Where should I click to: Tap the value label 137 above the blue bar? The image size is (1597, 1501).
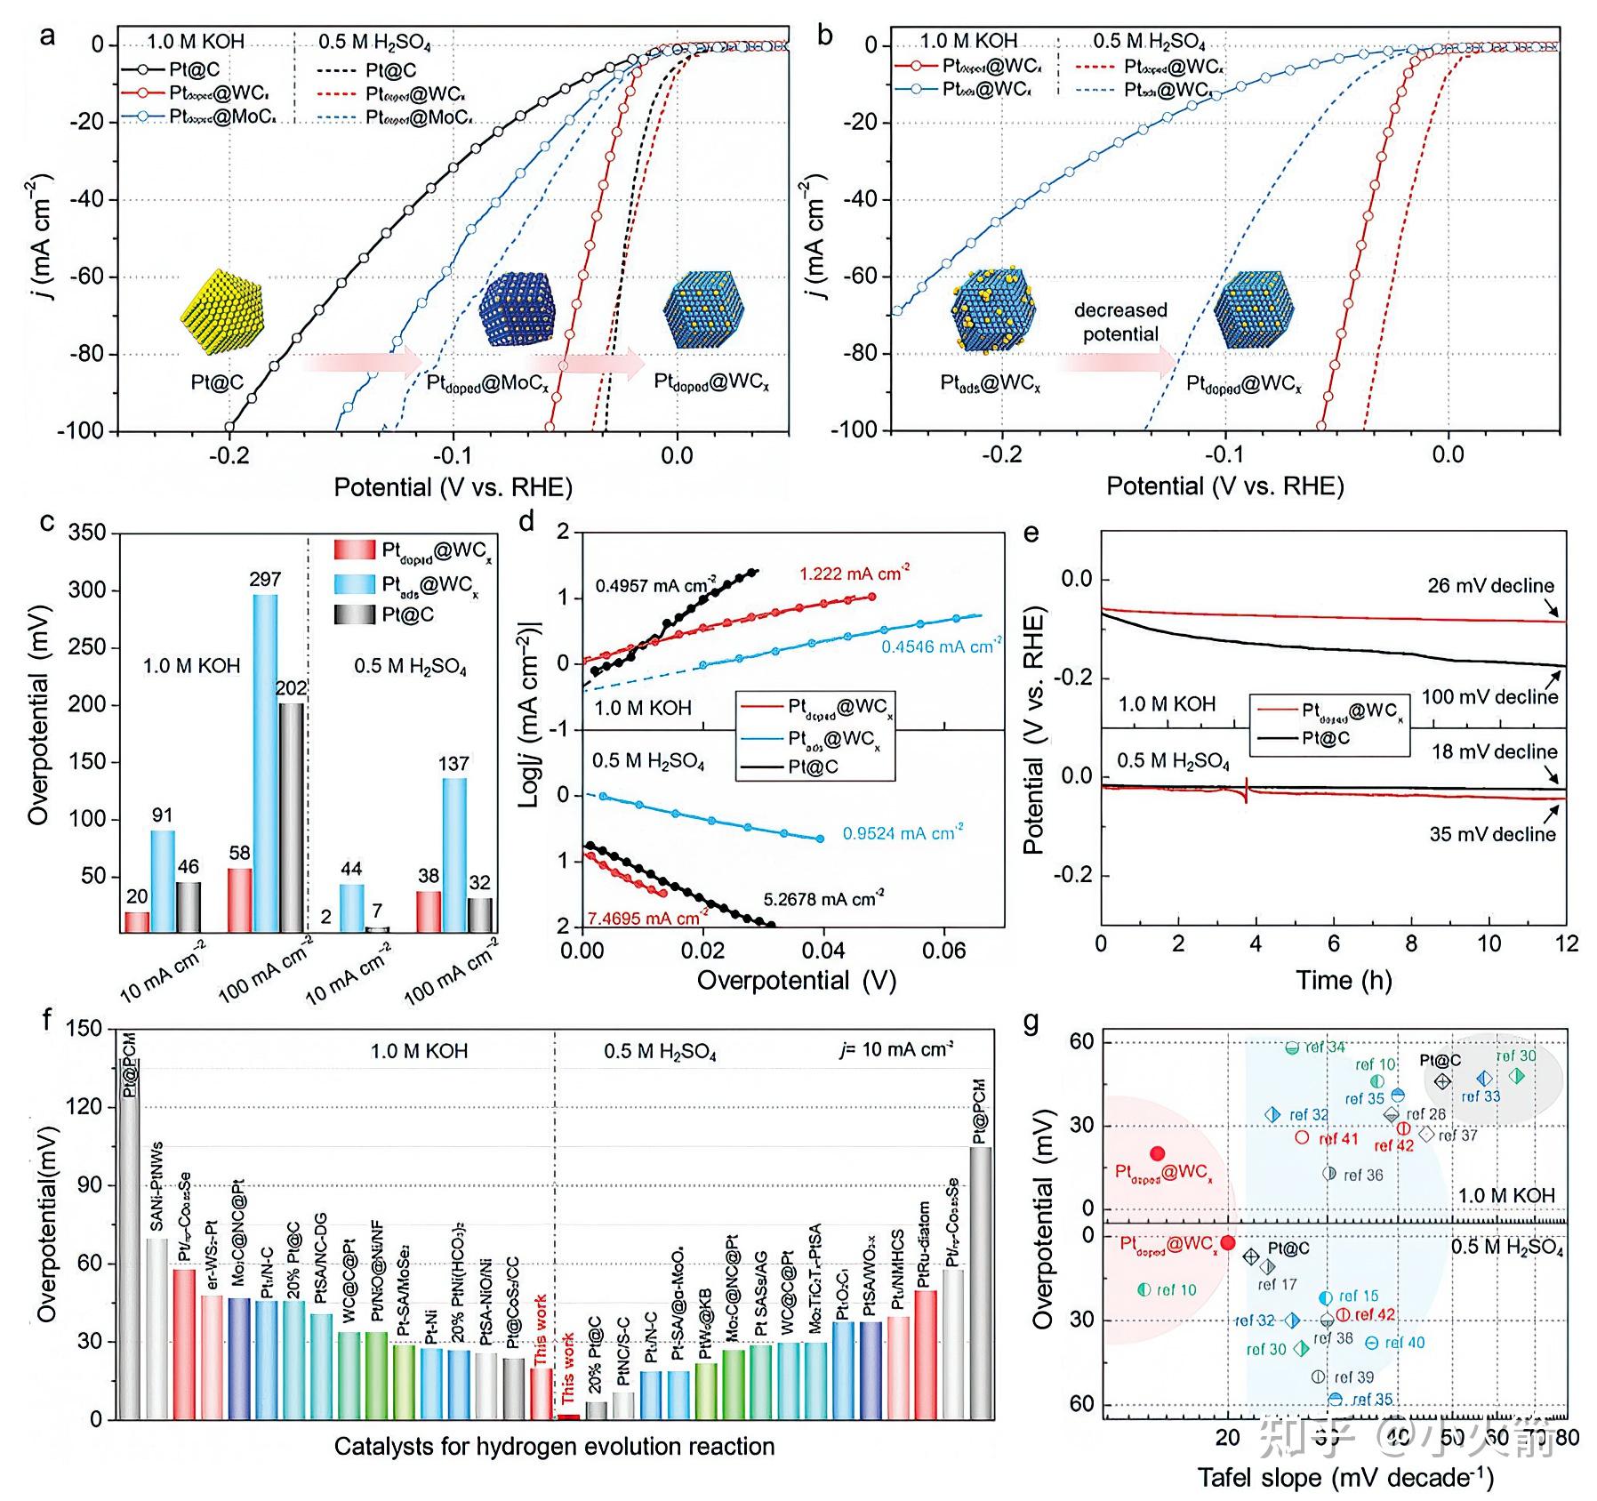coord(453,764)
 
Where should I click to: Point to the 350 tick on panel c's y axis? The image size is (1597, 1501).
coord(87,534)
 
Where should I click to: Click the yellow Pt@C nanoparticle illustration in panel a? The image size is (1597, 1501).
coord(222,312)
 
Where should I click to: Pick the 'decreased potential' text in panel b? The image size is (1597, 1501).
coord(1120,322)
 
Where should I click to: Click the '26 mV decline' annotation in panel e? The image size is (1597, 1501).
coord(1490,586)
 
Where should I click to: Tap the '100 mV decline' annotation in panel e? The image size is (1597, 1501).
coord(1489,697)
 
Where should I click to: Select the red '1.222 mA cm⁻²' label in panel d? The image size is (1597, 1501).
coord(854,574)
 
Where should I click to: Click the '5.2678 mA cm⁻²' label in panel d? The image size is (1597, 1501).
coord(823,899)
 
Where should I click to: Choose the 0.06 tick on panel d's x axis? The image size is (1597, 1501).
coord(943,951)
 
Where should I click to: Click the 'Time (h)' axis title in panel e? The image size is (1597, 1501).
coord(1344,981)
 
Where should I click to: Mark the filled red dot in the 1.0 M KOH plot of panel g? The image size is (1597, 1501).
coord(1157,1153)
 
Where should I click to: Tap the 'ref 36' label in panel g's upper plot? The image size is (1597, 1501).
coord(1362,1176)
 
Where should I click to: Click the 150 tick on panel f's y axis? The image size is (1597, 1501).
coord(84,1029)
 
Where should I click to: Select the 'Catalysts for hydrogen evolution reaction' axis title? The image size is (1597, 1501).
coord(554,1447)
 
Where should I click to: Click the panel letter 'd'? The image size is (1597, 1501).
coord(526,521)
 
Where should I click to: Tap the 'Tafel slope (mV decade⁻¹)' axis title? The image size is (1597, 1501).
coord(1345,1478)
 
